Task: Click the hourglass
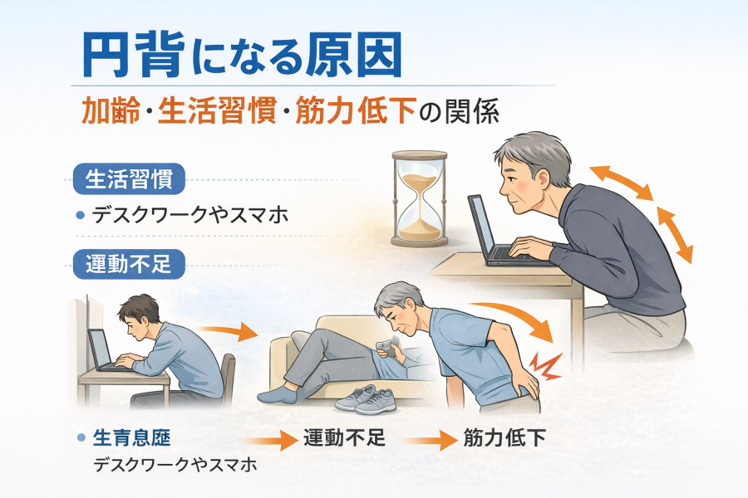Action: point(420,198)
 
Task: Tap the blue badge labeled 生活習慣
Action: point(129,179)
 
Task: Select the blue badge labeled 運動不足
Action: point(129,264)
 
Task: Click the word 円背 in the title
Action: point(134,55)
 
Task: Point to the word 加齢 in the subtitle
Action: point(111,111)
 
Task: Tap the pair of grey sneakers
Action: point(367,399)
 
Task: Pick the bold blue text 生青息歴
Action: point(131,437)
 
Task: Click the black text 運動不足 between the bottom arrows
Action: point(344,437)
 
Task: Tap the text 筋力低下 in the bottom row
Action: point(504,437)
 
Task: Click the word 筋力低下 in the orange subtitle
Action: point(357,111)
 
